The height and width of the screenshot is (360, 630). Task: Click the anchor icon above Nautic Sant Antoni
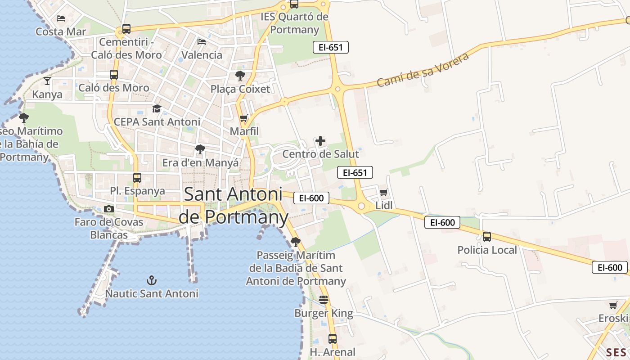point(152,281)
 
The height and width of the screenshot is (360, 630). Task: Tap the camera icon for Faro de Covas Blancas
point(108,209)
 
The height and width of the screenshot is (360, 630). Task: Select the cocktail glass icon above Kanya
point(47,81)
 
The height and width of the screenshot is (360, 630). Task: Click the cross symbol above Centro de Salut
point(320,141)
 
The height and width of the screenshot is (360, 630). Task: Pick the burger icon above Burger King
point(324,299)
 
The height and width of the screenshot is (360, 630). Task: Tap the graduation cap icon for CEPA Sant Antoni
point(157,108)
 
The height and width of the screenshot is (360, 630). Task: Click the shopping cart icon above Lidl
point(383,193)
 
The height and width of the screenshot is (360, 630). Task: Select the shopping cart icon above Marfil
point(244,118)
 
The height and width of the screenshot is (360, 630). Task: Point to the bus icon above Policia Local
point(487,237)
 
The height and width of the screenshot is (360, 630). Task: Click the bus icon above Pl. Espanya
point(137,178)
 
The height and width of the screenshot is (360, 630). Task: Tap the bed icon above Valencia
point(202,42)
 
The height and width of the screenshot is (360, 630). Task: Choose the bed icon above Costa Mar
point(61,18)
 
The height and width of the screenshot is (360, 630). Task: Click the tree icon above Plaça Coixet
point(240,75)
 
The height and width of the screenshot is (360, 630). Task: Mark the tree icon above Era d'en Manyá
point(200,149)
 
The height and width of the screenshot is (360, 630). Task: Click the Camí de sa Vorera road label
point(423,70)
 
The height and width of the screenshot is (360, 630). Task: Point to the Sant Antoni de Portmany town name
point(233,206)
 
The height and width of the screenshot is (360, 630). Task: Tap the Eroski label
point(613,319)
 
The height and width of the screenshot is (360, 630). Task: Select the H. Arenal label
point(333,352)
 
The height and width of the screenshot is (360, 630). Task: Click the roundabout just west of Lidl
point(361,206)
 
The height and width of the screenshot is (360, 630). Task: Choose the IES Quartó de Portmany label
point(295,23)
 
